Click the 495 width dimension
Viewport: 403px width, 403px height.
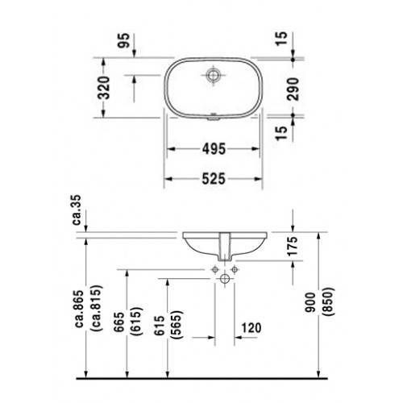[x=214, y=149]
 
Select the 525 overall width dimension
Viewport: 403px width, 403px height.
[x=214, y=179]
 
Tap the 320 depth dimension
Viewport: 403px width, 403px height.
[x=104, y=88]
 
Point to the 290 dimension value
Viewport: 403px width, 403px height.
[x=293, y=89]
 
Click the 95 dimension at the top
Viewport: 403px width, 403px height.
[x=124, y=40]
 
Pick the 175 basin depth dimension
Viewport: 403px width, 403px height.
[x=293, y=246]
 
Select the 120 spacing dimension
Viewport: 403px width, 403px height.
[x=251, y=328]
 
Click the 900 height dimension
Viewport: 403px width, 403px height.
[x=311, y=302]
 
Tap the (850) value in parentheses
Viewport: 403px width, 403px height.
[x=328, y=301]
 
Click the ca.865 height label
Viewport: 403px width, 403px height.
[x=80, y=309]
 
